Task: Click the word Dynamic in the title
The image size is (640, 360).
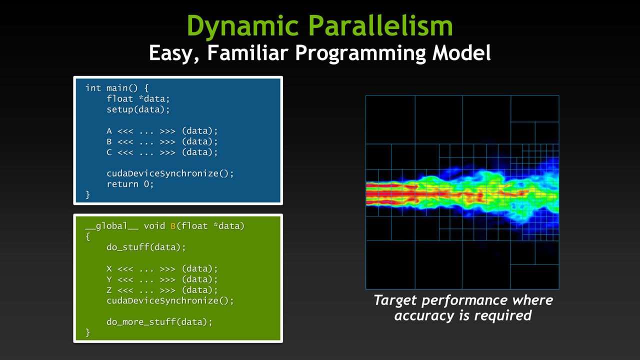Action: point(242,26)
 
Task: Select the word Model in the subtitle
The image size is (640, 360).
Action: point(461,52)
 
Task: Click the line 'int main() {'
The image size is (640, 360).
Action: point(117,88)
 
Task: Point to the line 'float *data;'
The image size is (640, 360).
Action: point(138,99)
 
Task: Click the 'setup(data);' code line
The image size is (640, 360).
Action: point(138,109)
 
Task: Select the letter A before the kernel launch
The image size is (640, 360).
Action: point(109,131)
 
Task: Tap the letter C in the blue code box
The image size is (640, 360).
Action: point(109,152)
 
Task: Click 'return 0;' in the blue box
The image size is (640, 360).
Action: point(130,184)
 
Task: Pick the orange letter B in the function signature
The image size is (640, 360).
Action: point(173,226)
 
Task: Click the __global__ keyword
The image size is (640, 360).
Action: point(112,226)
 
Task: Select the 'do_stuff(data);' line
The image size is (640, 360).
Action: point(146,247)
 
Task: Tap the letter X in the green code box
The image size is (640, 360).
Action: point(109,269)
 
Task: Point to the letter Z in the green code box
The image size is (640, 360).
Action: point(109,290)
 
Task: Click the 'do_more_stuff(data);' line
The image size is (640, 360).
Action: point(159,322)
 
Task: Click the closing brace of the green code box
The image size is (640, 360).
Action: point(87,333)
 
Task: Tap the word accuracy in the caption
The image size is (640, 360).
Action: point(424,316)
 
